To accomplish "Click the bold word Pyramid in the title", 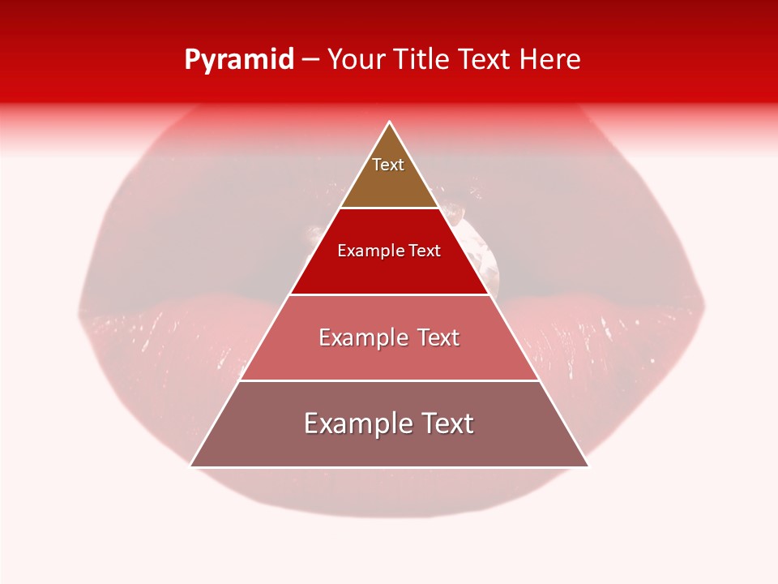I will click(x=239, y=60).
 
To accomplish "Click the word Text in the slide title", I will click(x=485, y=60).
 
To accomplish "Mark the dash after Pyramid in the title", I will click(x=310, y=60).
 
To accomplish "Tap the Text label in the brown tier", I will click(x=388, y=165).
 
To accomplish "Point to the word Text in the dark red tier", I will click(x=425, y=251).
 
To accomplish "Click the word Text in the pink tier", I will click(x=438, y=337).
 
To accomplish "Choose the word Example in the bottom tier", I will click(x=357, y=423).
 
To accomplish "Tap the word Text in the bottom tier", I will click(x=447, y=423).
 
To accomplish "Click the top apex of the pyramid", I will click(x=390, y=122).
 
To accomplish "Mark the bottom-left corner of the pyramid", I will click(x=191, y=466).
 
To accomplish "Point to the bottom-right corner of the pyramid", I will click(x=588, y=466).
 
